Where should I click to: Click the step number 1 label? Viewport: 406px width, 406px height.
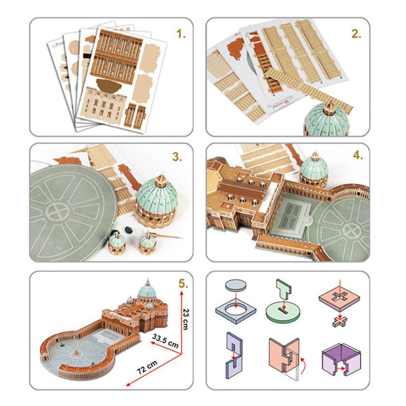[x=181, y=33]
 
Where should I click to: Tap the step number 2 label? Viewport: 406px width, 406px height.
[x=356, y=33]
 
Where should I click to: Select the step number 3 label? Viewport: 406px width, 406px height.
[x=177, y=157]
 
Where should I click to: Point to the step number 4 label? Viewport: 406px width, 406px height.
[x=358, y=155]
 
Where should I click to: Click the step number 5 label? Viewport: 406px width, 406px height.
[x=183, y=284]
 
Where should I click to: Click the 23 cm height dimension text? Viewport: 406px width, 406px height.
[x=185, y=319]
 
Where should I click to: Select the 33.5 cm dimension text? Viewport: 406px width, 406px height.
[x=165, y=341]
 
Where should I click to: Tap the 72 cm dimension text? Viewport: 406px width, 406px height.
[x=147, y=367]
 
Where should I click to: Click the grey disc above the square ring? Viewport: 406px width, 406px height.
[x=235, y=285]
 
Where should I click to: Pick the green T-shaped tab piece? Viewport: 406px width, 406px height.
[x=284, y=288]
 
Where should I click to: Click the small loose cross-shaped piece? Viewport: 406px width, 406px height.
[x=340, y=322]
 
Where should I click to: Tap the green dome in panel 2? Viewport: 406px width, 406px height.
[x=327, y=118]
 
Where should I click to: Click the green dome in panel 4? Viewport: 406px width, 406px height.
[x=314, y=168]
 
